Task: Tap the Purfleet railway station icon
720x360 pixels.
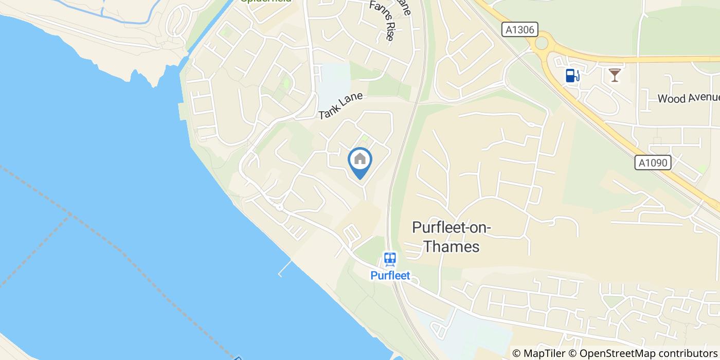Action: tap(390, 259)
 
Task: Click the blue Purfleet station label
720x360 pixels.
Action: tap(390, 276)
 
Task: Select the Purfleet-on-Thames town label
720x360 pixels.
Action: tap(452, 237)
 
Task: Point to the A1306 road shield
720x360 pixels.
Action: tap(520, 30)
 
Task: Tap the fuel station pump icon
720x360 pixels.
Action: tap(572, 76)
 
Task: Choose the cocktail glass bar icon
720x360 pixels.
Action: tap(614, 76)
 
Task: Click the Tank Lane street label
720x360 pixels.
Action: tap(340, 106)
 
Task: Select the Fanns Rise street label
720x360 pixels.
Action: tap(382, 21)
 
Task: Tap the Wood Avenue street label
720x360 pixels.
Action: tap(688, 98)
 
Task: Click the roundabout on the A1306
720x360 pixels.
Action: tap(542, 43)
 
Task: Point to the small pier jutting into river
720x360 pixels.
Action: tap(284, 268)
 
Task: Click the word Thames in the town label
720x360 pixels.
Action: tap(452, 247)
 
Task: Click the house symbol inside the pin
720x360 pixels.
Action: tap(360, 159)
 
